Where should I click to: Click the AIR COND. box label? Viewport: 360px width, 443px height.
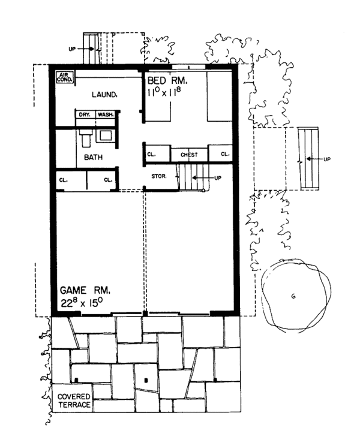[x=64, y=77]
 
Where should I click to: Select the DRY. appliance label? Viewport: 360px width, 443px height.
[x=83, y=114]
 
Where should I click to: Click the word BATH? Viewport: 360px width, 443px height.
[x=92, y=158]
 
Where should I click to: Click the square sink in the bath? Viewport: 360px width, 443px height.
[x=107, y=135]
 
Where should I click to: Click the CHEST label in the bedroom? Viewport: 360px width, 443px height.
[x=189, y=155]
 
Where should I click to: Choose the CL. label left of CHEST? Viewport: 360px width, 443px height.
[x=152, y=155]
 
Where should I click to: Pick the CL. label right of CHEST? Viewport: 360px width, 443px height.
[x=224, y=155]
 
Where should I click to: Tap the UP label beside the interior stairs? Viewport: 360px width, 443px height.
[x=218, y=178]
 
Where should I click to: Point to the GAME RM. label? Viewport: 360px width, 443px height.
[x=83, y=290]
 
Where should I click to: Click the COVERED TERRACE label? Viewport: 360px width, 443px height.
[x=74, y=401]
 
